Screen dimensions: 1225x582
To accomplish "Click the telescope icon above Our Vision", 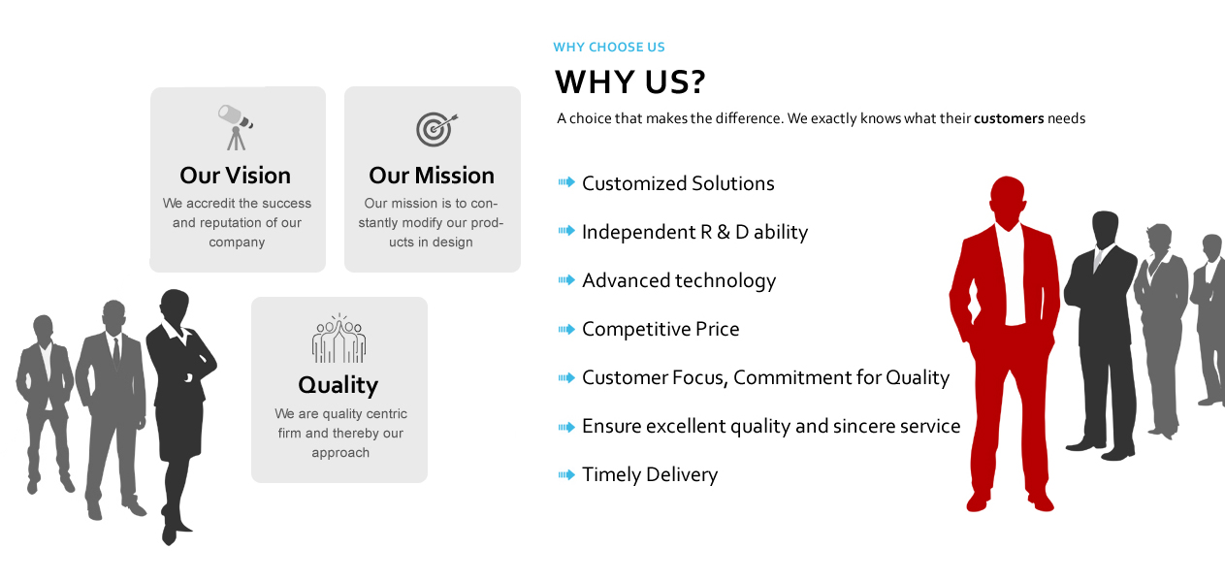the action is click(x=235, y=127).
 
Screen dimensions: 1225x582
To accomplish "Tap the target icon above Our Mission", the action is click(x=435, y=129).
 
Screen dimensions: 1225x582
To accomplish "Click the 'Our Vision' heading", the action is click(x=235, y=176).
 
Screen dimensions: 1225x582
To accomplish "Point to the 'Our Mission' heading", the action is click(x=432, y=176).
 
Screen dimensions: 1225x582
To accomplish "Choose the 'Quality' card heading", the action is click(x=338, y=385).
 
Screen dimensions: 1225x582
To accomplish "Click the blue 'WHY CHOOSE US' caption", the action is click(x=609, y=47).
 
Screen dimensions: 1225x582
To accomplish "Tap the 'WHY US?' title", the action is click(x=630, y=82).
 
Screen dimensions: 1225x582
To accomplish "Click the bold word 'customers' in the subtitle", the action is click(x=1009, y=118).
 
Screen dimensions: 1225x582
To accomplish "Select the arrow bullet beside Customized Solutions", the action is click(x=566, y=182).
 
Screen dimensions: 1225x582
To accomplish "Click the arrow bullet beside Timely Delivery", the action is click(x=566, y=474).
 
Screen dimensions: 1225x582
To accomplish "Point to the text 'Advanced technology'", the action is click(x=679, y=281).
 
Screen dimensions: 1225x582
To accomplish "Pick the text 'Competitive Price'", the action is click(x=661, y=329).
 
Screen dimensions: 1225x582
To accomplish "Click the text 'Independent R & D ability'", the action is click(x=694, y=233).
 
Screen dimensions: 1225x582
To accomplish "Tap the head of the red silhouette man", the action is click(x=1008, y=200).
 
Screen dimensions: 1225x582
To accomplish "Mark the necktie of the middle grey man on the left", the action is click(x=116, y=354).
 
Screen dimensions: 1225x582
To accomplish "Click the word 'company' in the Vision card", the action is click(x=237, y=242).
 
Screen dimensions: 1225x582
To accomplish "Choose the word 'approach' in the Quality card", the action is click(x=340, y=453).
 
